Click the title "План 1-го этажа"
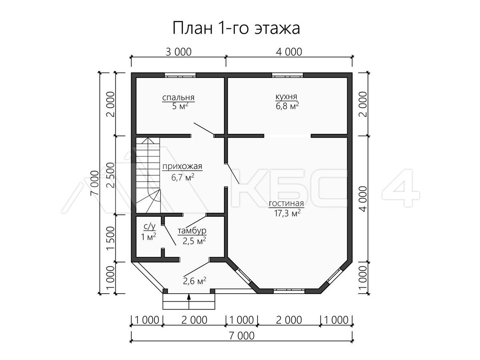click(236, 28)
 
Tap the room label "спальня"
click(178, 98)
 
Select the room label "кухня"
click(286, 96)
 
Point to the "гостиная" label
click(286, 203)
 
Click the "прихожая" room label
click(182, 167)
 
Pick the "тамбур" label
click(192, 231)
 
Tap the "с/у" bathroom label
click(150, 227)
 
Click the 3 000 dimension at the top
click(178, 52)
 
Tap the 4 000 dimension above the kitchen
click(289, 52)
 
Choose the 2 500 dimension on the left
click(111, 175)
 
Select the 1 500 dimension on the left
click(111, 238)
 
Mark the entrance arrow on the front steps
click(189, 301)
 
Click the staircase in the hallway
click(148, 175)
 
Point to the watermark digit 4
click(401, 188)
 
